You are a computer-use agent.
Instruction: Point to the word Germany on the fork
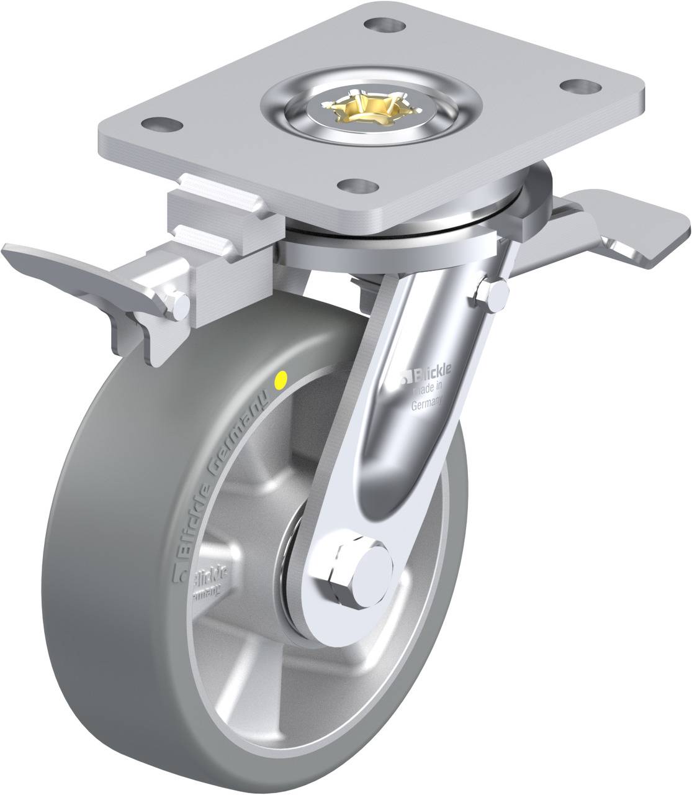point(426,404)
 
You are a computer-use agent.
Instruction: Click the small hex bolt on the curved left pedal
point(179,304)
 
